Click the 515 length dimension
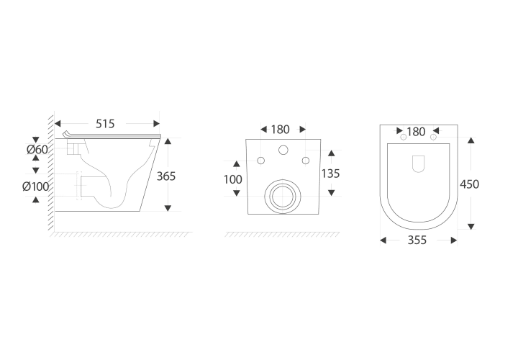tap(105, 124)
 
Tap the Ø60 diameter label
tap(37, 150)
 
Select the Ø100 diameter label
tap(36, 186)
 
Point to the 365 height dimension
tap(166, 176)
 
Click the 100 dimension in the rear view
tap(233, 179)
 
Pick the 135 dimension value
tap(330, 174)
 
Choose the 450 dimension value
tap(469, 184)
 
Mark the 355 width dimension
tap(417, 240)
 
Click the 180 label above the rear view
tap(280, 130)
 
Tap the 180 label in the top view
tap(416, 132)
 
